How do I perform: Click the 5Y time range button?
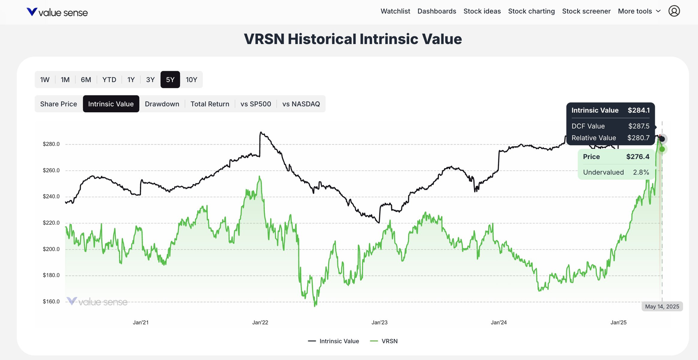pos(170,80)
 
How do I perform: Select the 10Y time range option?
pos(191,80)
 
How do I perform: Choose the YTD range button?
pos(109,80)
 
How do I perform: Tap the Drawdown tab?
pos(162,104)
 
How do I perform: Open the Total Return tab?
pos(210,104)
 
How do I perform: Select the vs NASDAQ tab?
pos(301,104)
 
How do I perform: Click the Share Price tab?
pos(59,104)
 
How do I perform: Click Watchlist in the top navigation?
pos(395,11)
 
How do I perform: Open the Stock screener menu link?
pos(586,11)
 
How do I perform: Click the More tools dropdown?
pos(639,11)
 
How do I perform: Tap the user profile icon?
pos(674,11)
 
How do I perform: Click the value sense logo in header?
pos(57,13)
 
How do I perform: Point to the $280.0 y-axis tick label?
pos(51,144)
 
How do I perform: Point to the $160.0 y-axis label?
pos(51,301)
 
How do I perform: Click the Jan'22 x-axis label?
pos(260,322)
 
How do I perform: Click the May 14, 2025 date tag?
pos(662,307)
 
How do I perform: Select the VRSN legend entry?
pos(384,341)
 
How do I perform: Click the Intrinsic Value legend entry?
pos(333,341)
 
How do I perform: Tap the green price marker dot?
pos(662,149)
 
